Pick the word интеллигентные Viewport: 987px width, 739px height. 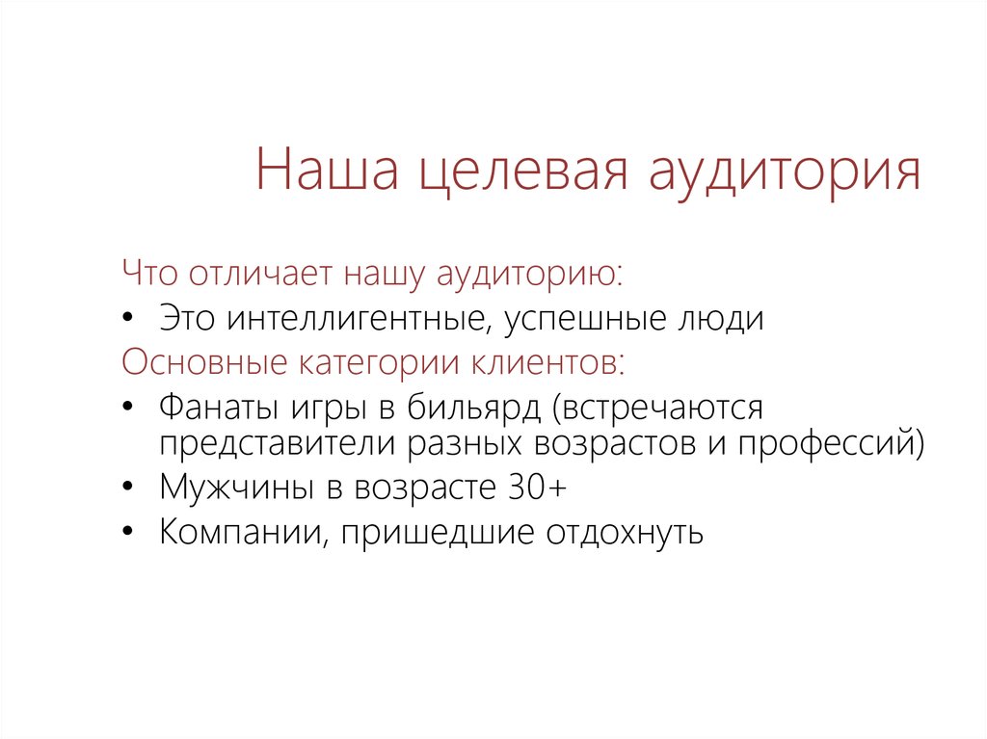[x=358, y=319]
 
